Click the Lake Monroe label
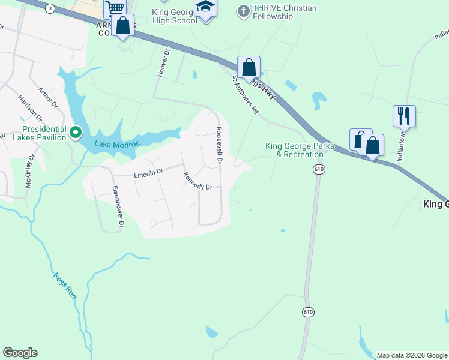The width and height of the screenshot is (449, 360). [x=117, y=144]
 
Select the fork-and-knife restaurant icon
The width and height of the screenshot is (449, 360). [x=404, y=116]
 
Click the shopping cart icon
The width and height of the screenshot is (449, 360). [x=114, y=8]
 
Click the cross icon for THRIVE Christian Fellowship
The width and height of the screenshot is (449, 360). [x=243, y=10]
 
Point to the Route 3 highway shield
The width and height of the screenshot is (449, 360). [x=50, y=8]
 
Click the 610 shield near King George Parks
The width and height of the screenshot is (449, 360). [x=318, y=170]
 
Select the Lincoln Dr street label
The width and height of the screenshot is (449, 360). [x=148, y=173]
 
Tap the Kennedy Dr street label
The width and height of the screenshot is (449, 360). [x=198, y=181]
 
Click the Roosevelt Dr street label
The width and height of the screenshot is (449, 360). [x=220, y=146]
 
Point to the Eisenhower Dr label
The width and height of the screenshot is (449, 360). [x=118, y=206]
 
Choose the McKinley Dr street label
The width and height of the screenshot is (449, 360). [x=28, y=172]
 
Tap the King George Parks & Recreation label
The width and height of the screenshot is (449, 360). [x=295, y=150]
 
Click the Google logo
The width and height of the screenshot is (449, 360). [x=20, y=353]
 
